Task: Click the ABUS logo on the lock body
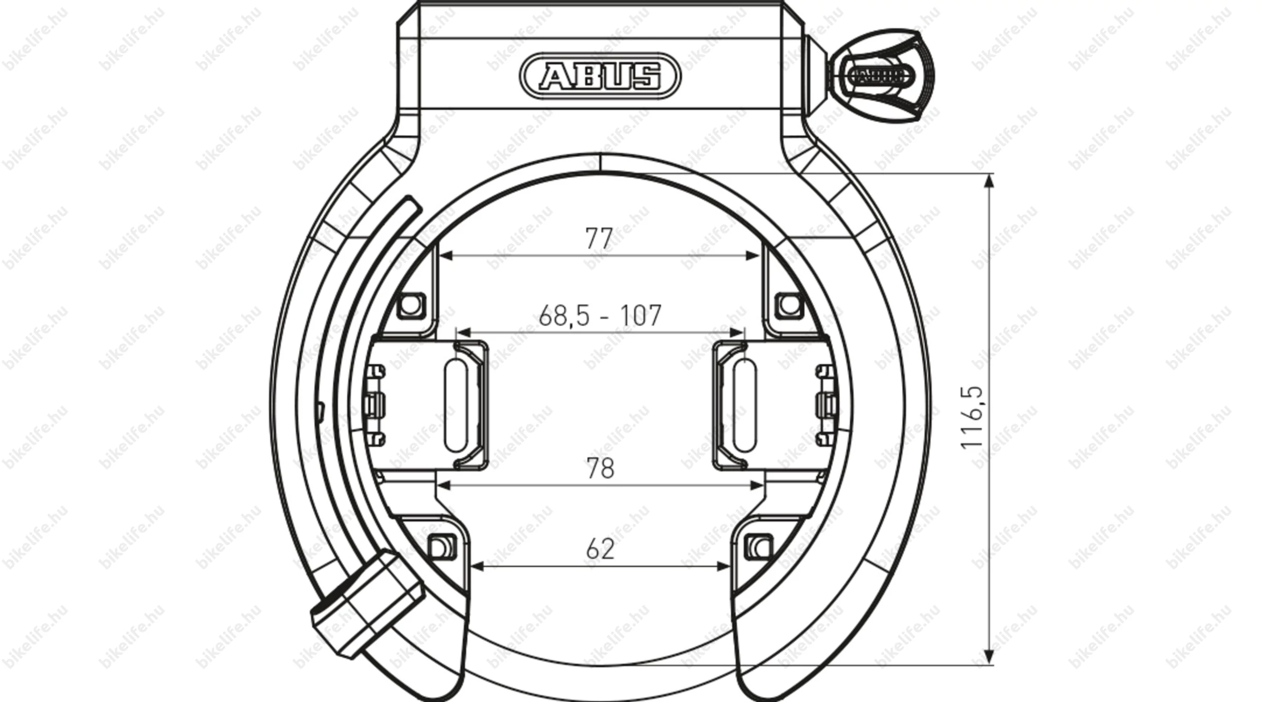click(x=600, y=77)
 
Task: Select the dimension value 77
click(x=599, y=238)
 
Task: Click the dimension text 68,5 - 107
click(x=600, y=316)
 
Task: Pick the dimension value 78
click(x=600, y=468)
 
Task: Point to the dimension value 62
click(x=600, y=549)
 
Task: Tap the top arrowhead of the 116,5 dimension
click(x=989, y=181)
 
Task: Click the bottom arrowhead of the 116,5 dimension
click(x=989, y=657)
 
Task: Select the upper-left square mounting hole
click(x=411, y=305)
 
